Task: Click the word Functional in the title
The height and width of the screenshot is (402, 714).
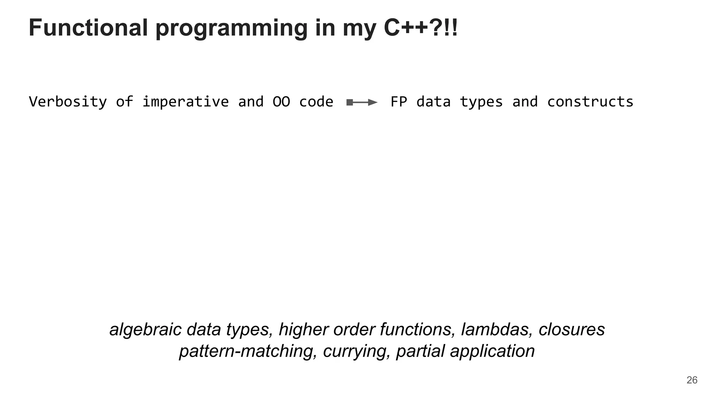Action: (x=88, y=28)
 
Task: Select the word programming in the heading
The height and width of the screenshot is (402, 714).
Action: (x=231, y=29)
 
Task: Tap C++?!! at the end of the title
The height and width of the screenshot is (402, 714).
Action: (x=420, y=28)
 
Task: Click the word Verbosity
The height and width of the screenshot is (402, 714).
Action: (x=68, y=102)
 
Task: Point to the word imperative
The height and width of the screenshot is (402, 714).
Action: (x=185, y=102)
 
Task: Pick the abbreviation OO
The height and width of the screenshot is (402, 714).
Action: (x=281, y=102)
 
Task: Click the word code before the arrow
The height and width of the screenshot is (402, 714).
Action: (x=316, y=102)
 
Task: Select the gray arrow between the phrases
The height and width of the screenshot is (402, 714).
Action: (x=362, y=102)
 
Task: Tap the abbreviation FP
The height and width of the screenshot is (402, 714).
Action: (x=398, y=102)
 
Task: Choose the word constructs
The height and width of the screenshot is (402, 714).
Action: (x=590, y=102)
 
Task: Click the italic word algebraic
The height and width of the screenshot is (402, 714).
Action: (x=145, y=329)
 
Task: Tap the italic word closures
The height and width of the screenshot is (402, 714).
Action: (x=571, y=329)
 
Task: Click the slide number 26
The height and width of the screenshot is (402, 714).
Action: (x=692, y=380)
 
